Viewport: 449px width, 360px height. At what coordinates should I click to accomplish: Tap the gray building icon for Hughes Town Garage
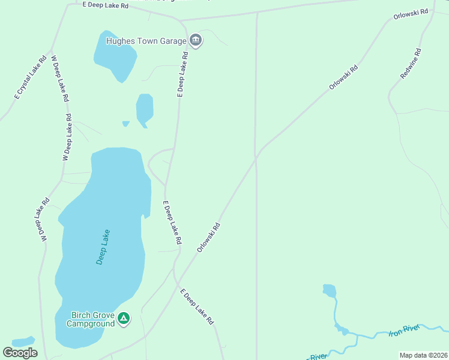195,41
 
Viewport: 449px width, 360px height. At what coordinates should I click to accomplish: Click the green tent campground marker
124,319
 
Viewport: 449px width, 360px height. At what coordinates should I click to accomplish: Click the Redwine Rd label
411,64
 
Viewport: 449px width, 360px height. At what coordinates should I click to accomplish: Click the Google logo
20,353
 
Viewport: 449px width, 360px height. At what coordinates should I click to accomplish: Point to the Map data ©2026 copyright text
423,355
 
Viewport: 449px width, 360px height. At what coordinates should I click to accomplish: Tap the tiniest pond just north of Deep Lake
125,124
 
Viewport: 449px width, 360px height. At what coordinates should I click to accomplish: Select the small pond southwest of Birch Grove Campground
23,341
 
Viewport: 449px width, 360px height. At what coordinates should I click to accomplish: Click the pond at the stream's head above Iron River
329,291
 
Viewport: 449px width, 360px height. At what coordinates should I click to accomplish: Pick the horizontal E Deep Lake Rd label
106,5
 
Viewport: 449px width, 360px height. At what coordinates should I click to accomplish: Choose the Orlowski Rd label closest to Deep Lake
209,238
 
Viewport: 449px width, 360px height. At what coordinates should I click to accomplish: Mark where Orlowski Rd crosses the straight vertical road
257,157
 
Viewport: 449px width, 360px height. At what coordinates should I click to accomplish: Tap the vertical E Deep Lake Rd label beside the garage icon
183,74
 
